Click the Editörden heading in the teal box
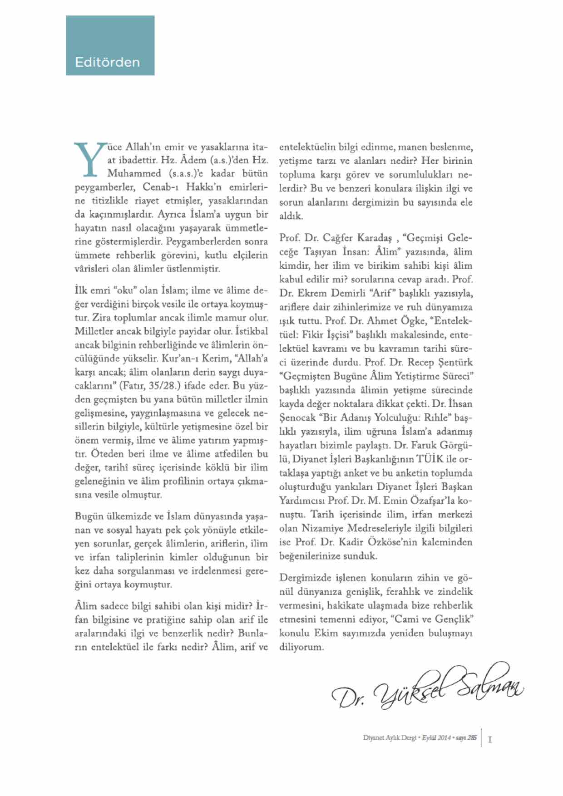point(108,62)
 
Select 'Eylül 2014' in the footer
point(436,738)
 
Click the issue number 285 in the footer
point(472,738)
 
